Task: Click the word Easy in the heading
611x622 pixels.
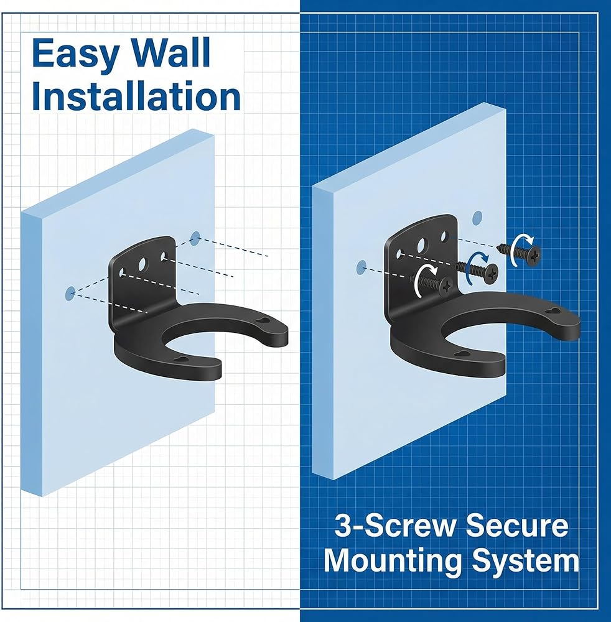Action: point(75,53)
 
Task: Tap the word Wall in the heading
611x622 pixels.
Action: point(171,52)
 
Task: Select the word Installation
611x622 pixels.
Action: point(136,96)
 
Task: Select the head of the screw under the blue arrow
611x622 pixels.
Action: point(491,274)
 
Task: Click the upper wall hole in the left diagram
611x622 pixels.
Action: point(195,238)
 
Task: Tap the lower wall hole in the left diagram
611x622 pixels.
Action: point(70,294)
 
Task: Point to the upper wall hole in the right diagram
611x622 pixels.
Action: point(477,217)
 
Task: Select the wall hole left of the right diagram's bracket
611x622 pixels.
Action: point(361,267)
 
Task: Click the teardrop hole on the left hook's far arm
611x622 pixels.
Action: point(262,320)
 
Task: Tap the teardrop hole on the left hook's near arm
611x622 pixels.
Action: point(182,360)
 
